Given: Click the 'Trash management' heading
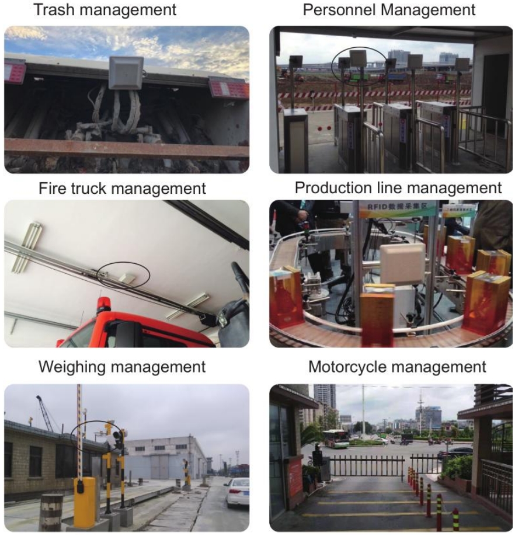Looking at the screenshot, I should click(x=105, y=10).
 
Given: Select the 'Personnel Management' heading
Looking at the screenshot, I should click(x=389, y=10).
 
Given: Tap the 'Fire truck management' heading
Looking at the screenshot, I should click(x=122, y=189).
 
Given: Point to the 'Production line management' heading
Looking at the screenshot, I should click(x=398, y=188).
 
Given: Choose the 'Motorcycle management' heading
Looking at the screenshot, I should click(x=396, y=367).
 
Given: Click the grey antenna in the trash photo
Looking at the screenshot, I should click(x=126, y=75).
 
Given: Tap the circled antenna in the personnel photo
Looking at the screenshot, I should click(x=357, y=60).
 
